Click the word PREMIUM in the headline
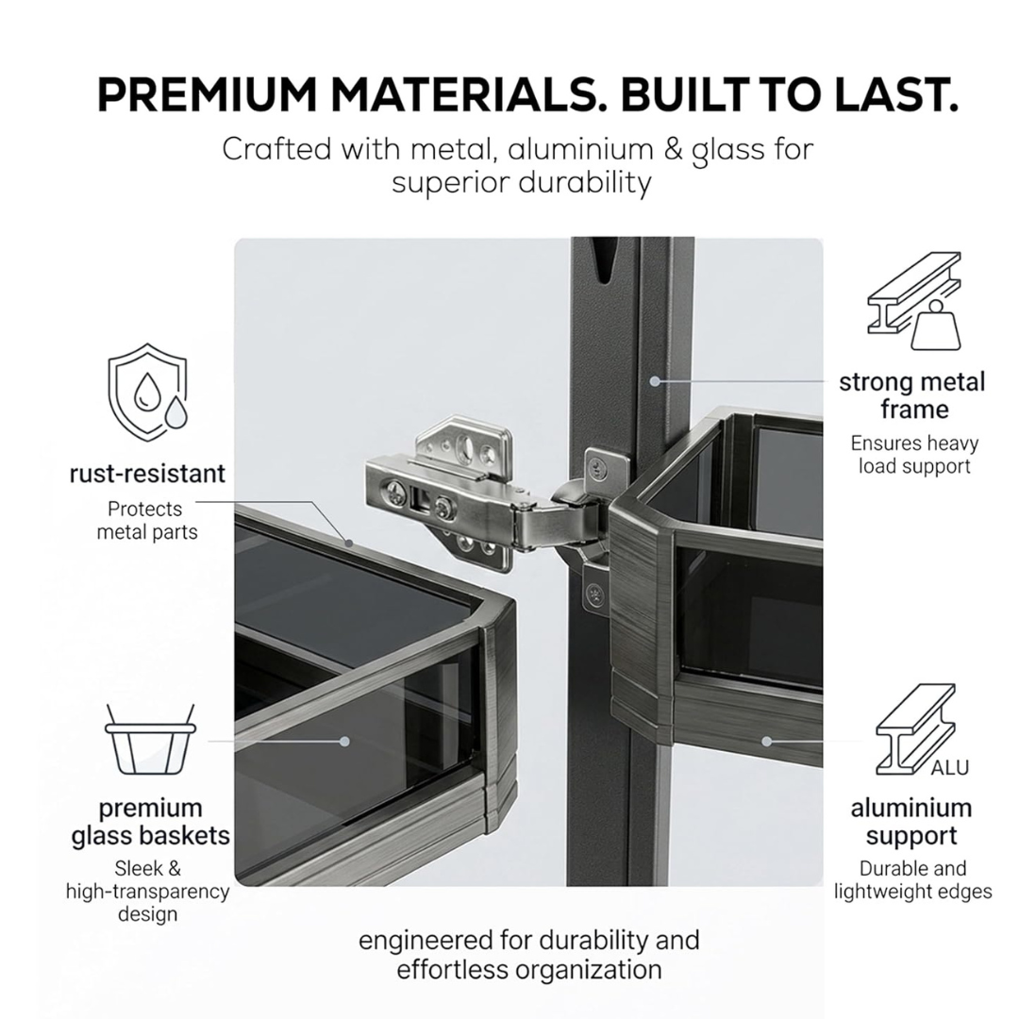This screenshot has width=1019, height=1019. [x=208, y=95]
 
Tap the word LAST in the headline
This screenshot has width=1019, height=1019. [x=896, y=95]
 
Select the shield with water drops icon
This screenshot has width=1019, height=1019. [x=147, y=393]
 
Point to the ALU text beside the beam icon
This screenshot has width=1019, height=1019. [x=949, y=767]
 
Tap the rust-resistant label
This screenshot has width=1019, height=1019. [x=147, y=473]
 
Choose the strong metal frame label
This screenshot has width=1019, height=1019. [x=912, y=395]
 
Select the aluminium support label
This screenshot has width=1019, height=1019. [x=911, y=822]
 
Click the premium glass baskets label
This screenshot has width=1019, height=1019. [x=150, y=822]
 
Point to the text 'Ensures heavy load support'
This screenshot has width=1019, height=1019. [x=914, y=455]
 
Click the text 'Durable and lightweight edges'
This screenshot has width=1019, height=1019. [x=913, y=880]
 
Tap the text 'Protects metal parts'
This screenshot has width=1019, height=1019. [x=147, y=521]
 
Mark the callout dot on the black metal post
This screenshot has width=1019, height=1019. [x=655, y=381]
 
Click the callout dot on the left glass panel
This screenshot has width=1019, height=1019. [x=344, y=741]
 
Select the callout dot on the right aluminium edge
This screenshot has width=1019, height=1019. [x=767, y=741]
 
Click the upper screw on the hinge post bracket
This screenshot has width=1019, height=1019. [x=596, y=465]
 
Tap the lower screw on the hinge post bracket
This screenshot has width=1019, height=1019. [x=593, y=593]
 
